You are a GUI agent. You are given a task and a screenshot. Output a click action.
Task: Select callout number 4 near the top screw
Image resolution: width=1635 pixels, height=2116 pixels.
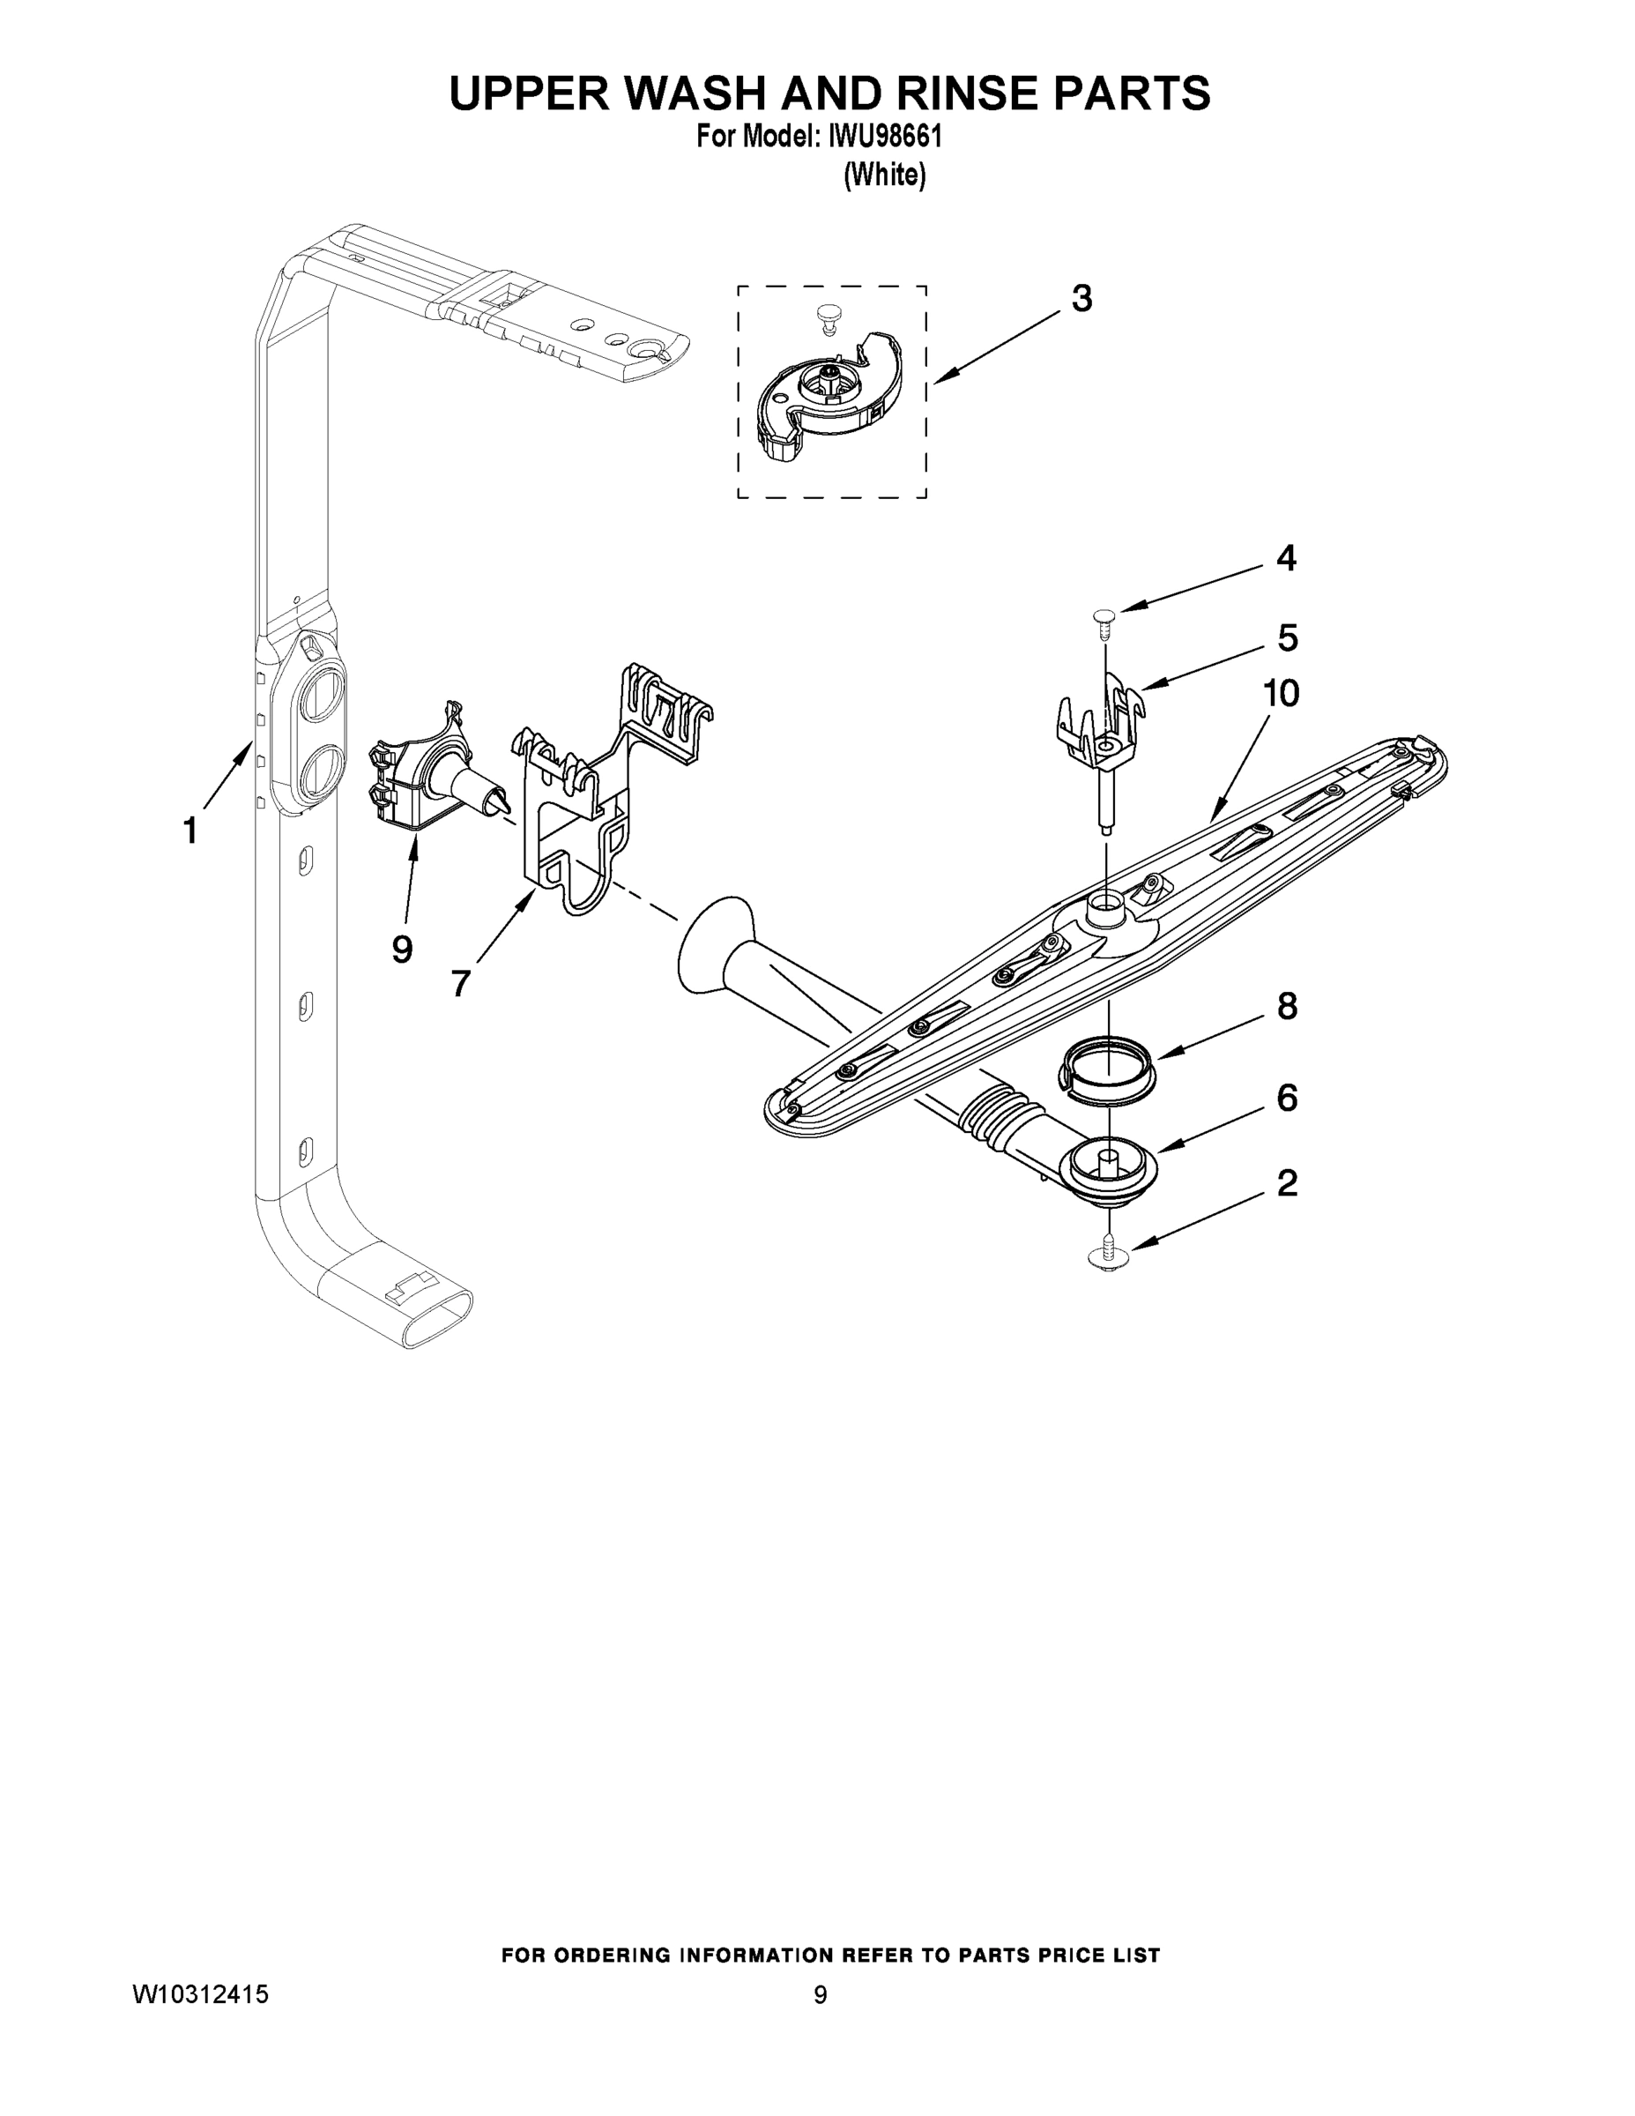tap(1285, 558)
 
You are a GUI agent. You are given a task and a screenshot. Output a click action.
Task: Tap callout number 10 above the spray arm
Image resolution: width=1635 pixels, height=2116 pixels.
tap(1281, 694)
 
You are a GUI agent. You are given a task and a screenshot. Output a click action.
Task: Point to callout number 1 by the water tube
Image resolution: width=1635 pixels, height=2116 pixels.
tap(190, 831)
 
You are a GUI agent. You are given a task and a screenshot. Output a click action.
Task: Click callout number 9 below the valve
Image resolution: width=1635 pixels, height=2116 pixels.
tap(402, 950)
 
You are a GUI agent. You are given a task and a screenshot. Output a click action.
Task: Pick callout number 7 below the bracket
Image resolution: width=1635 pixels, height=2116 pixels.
tap(461, 983)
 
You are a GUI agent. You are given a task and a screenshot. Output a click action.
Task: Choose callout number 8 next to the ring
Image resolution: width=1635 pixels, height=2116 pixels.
tap(1286, 1007)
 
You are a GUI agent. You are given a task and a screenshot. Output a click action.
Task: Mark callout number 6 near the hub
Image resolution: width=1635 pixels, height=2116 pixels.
tap(1286, 1098)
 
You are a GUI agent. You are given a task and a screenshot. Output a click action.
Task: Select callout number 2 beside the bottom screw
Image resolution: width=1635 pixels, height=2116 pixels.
tap(1286, 1183)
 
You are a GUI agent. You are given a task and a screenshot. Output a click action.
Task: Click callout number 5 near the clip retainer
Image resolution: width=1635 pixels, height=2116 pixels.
tap(1287, 637)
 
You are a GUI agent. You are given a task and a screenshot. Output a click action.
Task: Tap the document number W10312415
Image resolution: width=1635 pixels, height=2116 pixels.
tap(200, 1995)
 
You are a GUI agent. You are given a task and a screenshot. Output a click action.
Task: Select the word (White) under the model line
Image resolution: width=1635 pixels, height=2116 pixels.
tap(885, 175)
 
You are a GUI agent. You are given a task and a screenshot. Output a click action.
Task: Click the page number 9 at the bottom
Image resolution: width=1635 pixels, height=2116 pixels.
tap(820, 1995)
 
